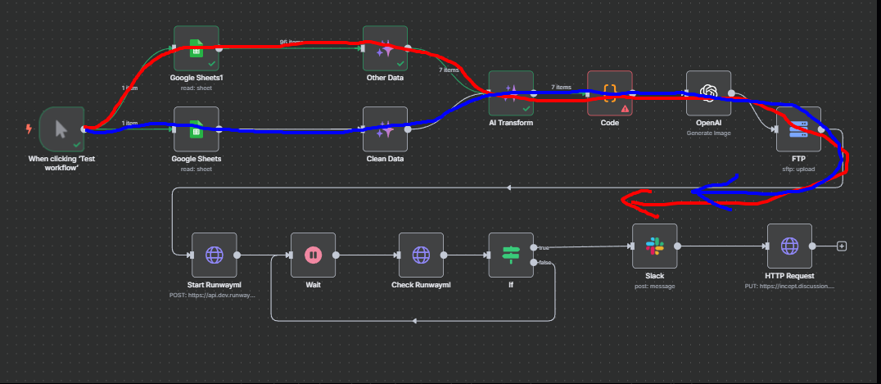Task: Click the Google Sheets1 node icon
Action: click(x=197, y=47)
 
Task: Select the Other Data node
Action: click(x=386, y=47)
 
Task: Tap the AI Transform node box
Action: click(x=511, y=93)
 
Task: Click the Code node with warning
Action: click(x=610, y=93)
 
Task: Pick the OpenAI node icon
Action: click(x=708, y=93)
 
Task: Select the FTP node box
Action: click(x=798, y=129)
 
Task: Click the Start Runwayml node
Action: click(x=214, y=255)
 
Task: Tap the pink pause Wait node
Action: click(x=313, y=255)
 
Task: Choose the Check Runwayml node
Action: click(x=421, y=255)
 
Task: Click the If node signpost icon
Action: click(x=511, y=255)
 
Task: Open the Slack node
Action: click(x=654, y=246)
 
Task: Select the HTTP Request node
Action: click(x=789, y=246)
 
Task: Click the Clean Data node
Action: click(x=386, y=129)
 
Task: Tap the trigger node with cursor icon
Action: click(x=61, y=129)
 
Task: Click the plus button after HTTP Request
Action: click(x=841, y=246)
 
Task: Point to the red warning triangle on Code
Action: click(x=625, y=107)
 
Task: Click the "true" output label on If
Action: click(x=544, y=246)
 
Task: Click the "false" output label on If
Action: click(x=544, y=263)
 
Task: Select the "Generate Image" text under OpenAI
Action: click(x=709, y=133)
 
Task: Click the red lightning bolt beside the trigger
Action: click(x=30, y=129)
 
